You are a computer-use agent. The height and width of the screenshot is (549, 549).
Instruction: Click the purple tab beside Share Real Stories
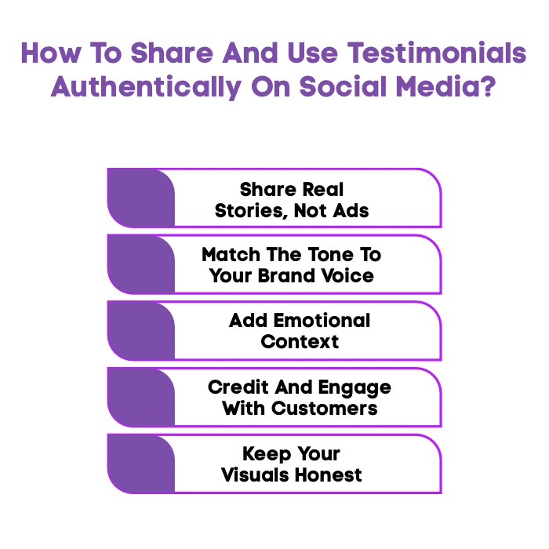click(x=140, y=198)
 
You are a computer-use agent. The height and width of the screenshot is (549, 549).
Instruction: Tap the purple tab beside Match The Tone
click(x=140, y=264)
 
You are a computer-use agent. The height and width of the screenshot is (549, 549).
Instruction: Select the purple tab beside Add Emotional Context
click(x=140, y=330)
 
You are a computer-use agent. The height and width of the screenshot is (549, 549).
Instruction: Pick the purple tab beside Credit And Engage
click(x=140, y=397)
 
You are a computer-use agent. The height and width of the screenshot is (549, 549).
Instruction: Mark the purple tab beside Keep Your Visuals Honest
click(x=140, y=464)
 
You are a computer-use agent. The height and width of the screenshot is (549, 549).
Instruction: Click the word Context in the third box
click(x=300, y=342)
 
